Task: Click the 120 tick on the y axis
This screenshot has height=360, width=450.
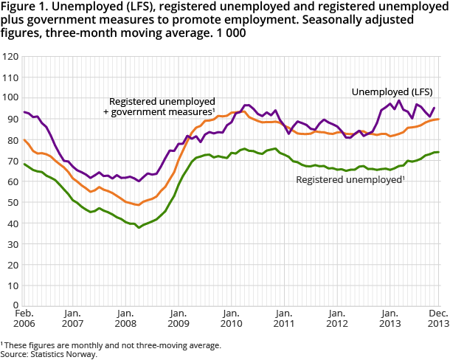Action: (10, 56)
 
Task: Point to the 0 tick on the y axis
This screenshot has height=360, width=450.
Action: (15, 305)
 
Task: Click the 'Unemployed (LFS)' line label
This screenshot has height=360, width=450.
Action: (392, 92)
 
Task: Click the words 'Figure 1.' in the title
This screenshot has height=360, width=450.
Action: (21, 8)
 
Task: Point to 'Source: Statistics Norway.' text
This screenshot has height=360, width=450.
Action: (50, 354)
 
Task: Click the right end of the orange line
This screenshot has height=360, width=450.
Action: (440, 120)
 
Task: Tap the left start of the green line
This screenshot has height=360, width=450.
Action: (24, 164)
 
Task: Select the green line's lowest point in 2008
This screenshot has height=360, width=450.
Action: (139, 227)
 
